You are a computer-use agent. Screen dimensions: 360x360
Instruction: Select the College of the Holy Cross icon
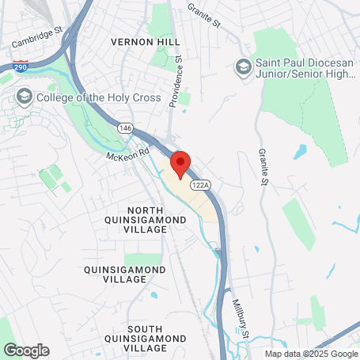pos(24,97)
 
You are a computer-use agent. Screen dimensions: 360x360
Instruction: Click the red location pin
pos(180,165)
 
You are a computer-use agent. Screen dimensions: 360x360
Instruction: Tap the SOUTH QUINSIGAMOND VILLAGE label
pos(145,333)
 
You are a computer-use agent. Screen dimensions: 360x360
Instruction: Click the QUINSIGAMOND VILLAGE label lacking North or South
pos(125,275)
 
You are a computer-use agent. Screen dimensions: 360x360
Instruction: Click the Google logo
pos(25,350)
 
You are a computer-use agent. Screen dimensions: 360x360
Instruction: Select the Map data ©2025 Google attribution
pos(311,354)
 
